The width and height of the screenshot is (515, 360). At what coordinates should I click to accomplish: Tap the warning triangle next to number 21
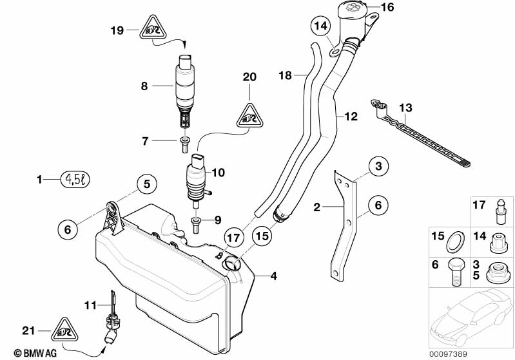[x=65, y=330]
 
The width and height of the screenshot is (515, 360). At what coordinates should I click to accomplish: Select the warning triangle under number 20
[x=249, y=115]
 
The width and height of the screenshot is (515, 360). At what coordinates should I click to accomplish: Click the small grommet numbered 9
[x=196, y=222]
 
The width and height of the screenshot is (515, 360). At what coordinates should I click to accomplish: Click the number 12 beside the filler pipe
[x=351, y=117]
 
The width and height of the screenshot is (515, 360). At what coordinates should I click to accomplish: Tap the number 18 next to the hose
[x=286, y=75]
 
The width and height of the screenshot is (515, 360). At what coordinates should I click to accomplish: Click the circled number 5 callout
[x=146, y=184]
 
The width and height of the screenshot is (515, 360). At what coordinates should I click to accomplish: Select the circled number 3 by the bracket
[x=378, y=167]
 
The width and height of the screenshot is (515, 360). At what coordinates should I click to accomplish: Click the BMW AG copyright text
[x=22, y=353]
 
